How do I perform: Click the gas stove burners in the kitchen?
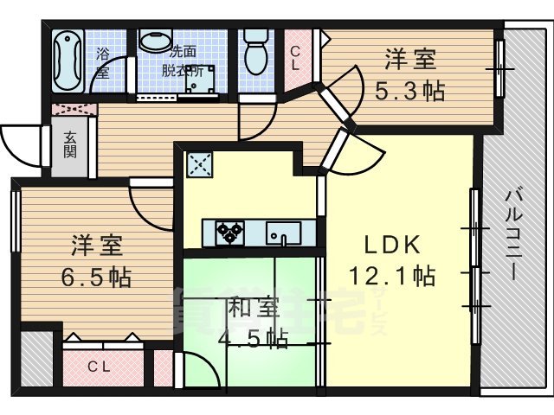point(230,232)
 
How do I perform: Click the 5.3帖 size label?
point(409,90)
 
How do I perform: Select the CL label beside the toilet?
point(295,58)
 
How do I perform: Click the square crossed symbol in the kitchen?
point(200,164)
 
